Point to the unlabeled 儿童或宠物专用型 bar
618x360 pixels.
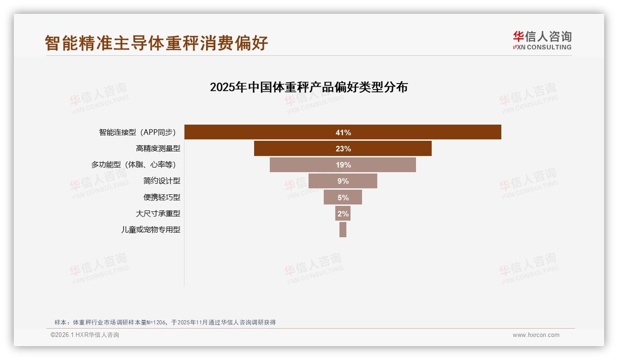coord(343,229)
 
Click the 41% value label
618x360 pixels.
coord(343,132)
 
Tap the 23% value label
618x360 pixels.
coord(343,149)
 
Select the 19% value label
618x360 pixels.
coord(343,165)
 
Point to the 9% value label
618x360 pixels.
coord(343,181)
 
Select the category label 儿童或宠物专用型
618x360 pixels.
coord(150,229)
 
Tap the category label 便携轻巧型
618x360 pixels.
coord(161,197)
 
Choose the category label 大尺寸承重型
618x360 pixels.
coord(158,213)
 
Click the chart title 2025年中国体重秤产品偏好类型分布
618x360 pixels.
coord(309,87)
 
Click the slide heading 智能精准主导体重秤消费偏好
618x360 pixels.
coord(156,43)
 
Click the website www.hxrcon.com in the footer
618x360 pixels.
coord(535,335)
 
